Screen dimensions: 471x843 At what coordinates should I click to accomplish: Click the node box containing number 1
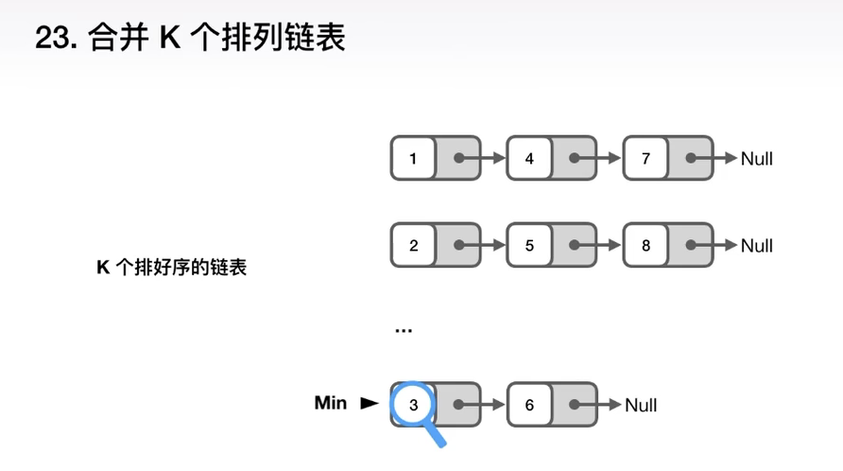413,158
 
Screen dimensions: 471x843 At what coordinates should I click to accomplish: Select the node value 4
529,158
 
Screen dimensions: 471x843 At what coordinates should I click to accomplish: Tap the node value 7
645,158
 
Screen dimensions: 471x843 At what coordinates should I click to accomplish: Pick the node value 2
413,245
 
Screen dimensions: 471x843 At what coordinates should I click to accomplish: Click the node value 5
529,245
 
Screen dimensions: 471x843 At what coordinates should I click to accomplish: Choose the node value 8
645,245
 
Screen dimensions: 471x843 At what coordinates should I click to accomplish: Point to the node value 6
529,405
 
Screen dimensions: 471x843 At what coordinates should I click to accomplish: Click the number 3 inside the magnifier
413,405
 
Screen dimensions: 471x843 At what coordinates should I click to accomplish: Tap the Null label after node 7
756,158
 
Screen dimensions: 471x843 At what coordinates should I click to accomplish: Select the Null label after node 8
756,245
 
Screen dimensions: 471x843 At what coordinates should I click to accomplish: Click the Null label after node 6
641,405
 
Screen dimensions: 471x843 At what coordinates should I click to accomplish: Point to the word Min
330,403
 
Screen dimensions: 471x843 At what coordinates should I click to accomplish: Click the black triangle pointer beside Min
368,404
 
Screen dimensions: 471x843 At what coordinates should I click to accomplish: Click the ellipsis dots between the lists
404,330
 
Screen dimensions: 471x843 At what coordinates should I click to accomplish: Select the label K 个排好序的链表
171,268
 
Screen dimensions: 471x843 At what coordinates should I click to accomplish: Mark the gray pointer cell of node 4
574,158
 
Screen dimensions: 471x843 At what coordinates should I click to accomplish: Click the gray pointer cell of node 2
457,245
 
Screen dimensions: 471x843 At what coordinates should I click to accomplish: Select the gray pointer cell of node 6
574,405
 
